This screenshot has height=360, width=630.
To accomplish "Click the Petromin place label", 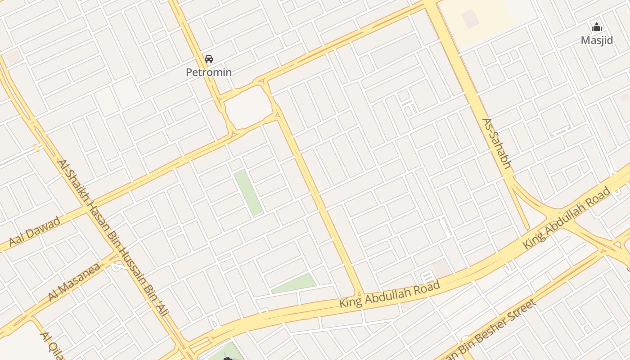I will coord(209,72).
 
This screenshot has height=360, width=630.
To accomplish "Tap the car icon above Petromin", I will coord(209,58).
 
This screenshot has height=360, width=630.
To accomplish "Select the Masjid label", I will coord(597,40).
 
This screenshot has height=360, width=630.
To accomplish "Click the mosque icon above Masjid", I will coord(597,27).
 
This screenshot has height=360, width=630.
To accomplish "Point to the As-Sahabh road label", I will coord(496,144).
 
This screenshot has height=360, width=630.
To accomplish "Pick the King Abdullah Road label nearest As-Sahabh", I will coord(567,218).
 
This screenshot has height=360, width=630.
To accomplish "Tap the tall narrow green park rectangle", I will coord(248,193).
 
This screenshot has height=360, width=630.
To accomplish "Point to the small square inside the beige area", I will coord(470,18).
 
